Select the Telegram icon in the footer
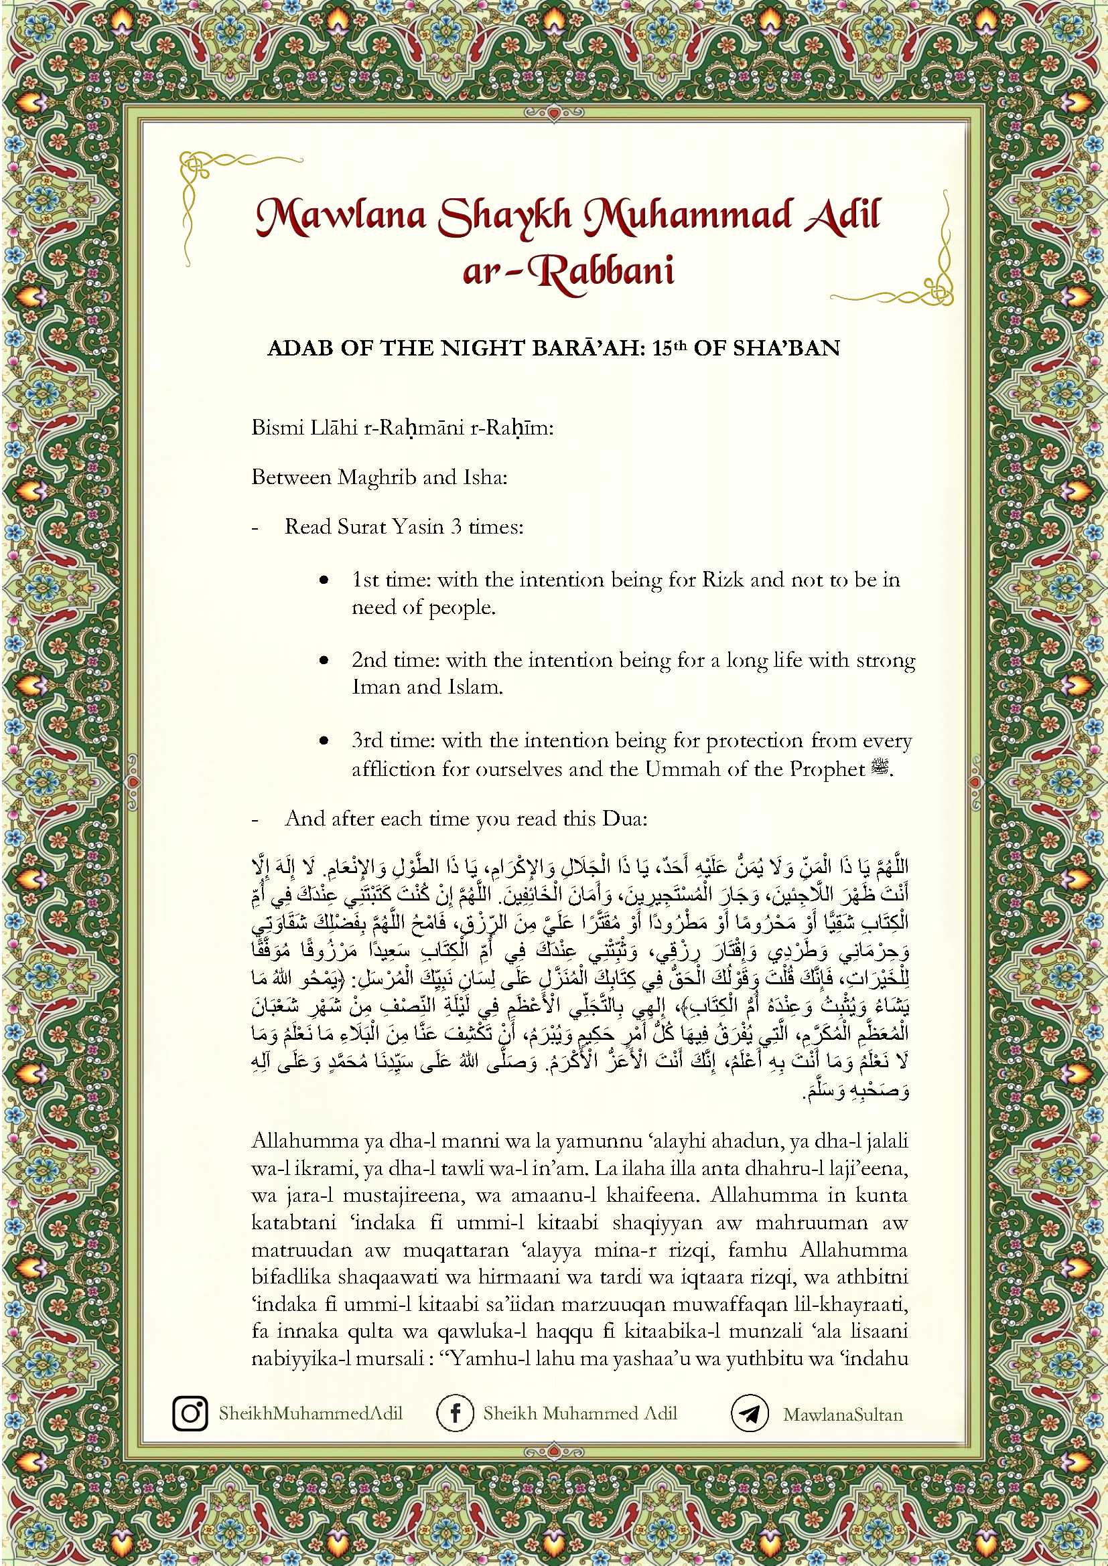[x=750, y=1413]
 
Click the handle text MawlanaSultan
[x=843, y=1414]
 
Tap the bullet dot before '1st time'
[x=324, y=580]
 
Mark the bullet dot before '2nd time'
[x=324, y=660]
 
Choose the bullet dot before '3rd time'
[x=324, y=740]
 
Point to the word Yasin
[x=415, y=526]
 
